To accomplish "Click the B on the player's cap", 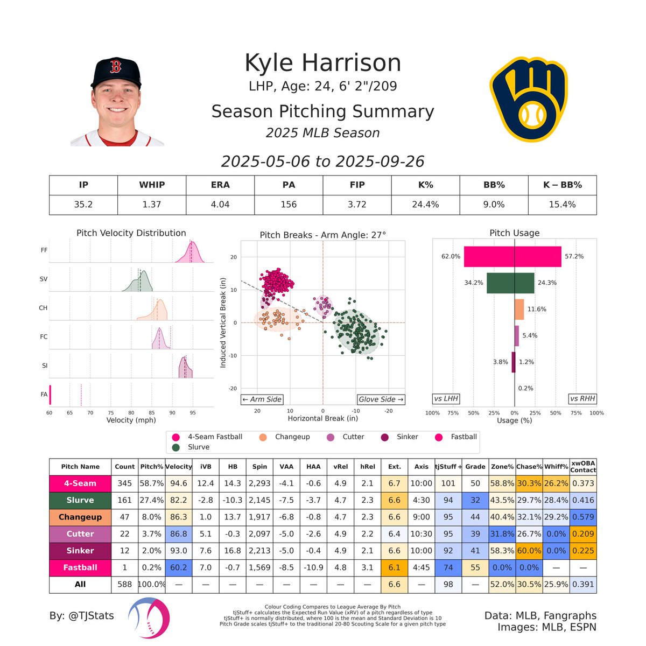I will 115,67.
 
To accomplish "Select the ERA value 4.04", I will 220,205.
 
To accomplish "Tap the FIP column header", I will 357,185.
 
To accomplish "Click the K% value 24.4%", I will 425,205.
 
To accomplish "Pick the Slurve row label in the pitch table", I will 80,500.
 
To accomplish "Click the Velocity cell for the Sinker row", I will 178,551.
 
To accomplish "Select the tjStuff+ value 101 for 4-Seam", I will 448,483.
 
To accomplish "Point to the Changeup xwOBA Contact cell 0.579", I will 584,517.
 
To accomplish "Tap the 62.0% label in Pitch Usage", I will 451,257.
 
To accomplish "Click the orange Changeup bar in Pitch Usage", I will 519,310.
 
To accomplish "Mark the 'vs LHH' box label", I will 446,399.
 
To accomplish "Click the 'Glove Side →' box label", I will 381,399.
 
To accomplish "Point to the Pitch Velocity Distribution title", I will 131,233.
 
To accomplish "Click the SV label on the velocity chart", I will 44,279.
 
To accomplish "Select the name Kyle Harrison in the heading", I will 322,63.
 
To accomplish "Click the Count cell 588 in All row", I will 124,584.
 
